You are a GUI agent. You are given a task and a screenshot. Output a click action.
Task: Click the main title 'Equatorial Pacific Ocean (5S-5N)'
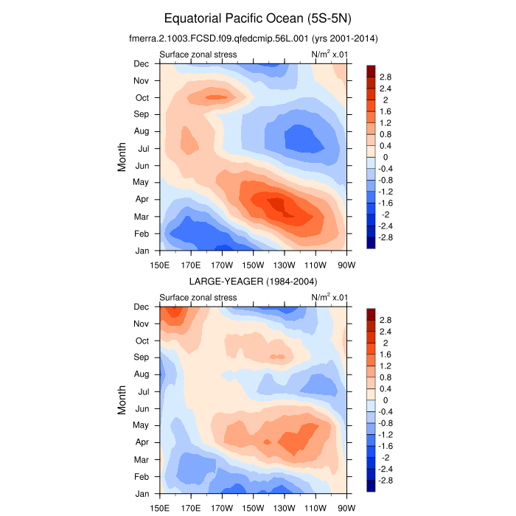click(x=258, y=18)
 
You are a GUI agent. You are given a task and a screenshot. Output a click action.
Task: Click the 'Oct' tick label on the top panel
click(x=141, y=97)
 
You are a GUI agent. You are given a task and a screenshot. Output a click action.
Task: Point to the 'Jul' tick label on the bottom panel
click(x=143, y=391)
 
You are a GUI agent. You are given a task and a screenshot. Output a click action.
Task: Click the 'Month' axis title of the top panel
click(x=123, y=157)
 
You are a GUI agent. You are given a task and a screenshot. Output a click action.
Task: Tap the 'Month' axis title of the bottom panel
click(x=123, y=400)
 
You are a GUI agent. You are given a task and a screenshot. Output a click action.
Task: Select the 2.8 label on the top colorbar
click(x=386, y=77)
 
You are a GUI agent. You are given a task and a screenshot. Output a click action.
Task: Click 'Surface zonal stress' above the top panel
click(x=198, y=55)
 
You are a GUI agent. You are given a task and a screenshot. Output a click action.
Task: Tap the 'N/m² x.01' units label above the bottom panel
click(x=329, y=296)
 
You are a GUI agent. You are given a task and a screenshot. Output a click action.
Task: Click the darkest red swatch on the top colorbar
click(x=371, y=70)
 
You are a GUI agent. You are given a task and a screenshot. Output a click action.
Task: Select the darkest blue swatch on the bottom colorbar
click(x=371, y=486)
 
